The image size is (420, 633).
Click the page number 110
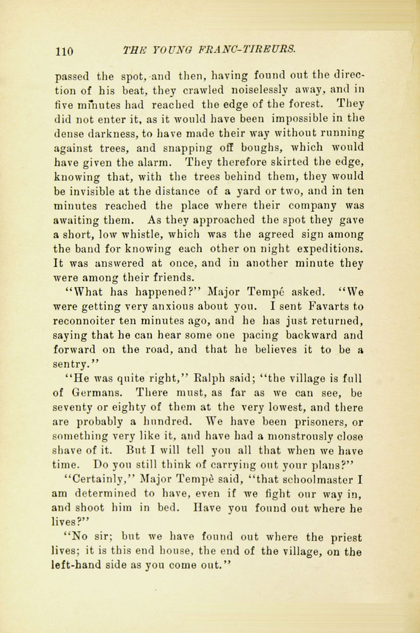pyautogui.click(x=65, y=51)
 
